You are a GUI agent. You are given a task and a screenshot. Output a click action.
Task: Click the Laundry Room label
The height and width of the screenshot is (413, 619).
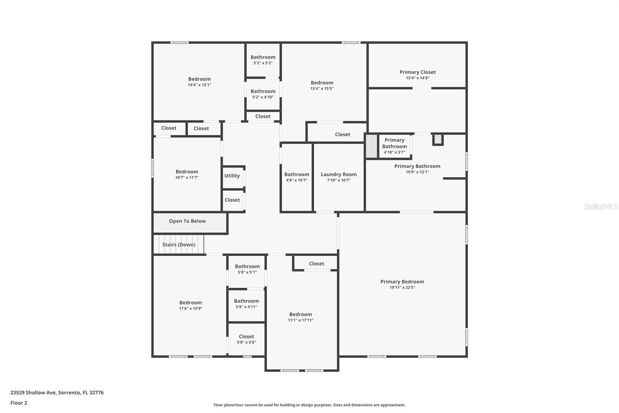tap(339, 174)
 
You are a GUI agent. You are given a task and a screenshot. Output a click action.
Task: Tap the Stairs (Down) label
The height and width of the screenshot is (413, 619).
tap(179, 244)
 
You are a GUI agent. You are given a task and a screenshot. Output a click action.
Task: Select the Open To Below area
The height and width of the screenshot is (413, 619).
tap(187, 221)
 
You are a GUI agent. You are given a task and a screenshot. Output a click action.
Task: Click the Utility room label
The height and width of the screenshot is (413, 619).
tap(232, 176)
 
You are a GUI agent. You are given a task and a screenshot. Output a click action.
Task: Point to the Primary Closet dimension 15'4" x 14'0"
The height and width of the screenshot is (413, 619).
tap(417, 78)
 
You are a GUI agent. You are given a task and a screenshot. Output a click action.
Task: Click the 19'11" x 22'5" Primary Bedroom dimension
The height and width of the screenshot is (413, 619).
tap(402, 287)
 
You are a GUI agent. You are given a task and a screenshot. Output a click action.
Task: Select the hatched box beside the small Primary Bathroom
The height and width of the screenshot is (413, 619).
tap(371, 146)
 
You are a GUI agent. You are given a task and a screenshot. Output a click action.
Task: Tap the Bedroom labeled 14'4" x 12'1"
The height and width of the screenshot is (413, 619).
tap(199, 79)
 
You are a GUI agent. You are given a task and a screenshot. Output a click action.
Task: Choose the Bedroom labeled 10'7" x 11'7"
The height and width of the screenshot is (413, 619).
tap(187, 172)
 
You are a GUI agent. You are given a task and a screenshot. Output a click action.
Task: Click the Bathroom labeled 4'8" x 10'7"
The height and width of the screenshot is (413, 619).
tap(297, 174)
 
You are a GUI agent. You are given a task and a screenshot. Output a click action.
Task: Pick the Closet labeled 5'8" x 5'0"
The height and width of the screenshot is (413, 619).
tap(246, 337)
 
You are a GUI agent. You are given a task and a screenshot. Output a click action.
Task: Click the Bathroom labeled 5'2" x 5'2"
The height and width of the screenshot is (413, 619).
tap(263, 57)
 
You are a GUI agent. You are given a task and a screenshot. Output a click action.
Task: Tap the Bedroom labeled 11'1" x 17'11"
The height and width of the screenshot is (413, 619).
tap(301, 315)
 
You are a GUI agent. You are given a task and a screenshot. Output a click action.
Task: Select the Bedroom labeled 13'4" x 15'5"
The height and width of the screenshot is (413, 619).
tap(322, 83)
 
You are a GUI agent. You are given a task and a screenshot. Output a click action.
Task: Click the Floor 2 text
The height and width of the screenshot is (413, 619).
tap(19, 403)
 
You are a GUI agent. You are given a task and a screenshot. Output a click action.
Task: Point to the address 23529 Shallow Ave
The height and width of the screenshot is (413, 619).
tap(57, 392)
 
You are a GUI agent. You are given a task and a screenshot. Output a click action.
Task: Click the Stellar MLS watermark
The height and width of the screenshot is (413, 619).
tap(600, 206)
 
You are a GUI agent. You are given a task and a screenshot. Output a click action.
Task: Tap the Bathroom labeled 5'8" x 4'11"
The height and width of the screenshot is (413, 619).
tap(246, 301)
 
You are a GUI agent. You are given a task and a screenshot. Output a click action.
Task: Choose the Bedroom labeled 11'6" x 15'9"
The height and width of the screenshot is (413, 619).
tap(190, 303)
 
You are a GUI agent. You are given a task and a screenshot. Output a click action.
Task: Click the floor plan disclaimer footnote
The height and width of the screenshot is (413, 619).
tap(309, 405)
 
